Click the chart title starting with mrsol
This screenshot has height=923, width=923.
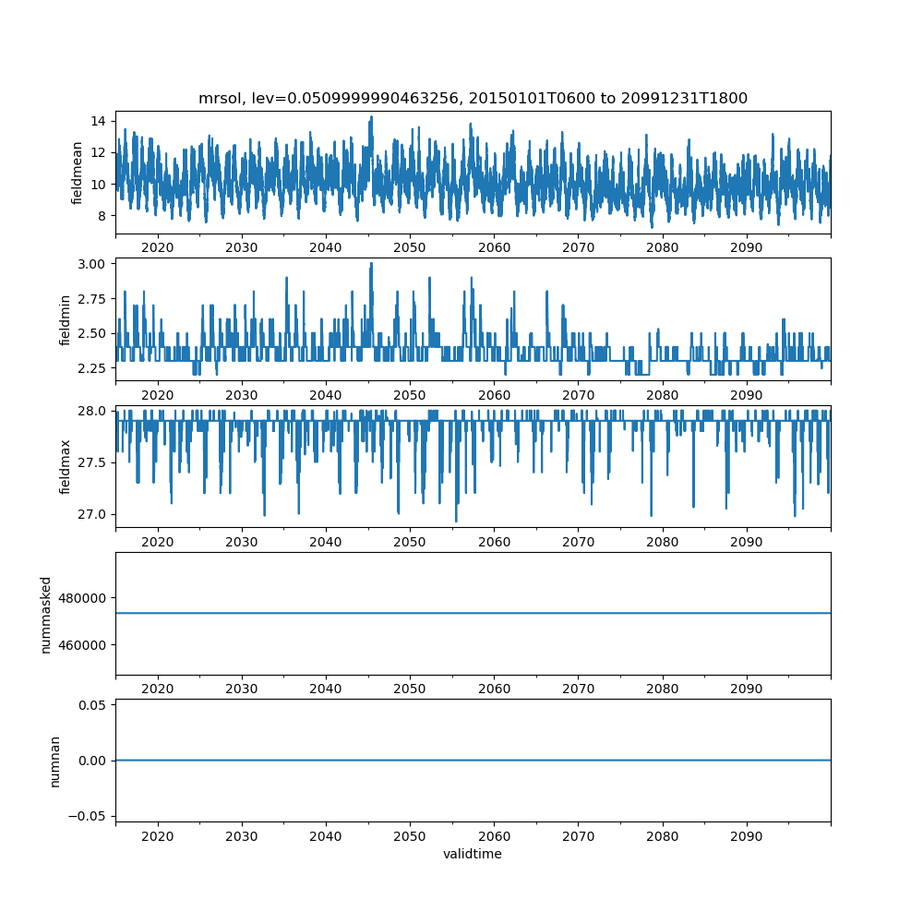tap(473, 98)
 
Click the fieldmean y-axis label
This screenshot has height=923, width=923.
tap(78, 173)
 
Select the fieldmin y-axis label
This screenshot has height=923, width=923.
tap(65, 318)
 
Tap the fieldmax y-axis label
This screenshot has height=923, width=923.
tap(65, 466)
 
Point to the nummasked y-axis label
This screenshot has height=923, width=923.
tap(46, 614)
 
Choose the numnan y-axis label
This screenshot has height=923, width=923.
tap(54, 761)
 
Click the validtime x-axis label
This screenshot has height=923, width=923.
tap(473, 854)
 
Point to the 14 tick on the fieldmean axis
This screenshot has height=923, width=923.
tap(97, 121)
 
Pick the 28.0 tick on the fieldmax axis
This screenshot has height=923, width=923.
tap(92, 411)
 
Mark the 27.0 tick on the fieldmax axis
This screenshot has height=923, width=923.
tap(92, 514)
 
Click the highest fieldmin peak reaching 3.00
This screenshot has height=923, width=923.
tap(371, 264)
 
